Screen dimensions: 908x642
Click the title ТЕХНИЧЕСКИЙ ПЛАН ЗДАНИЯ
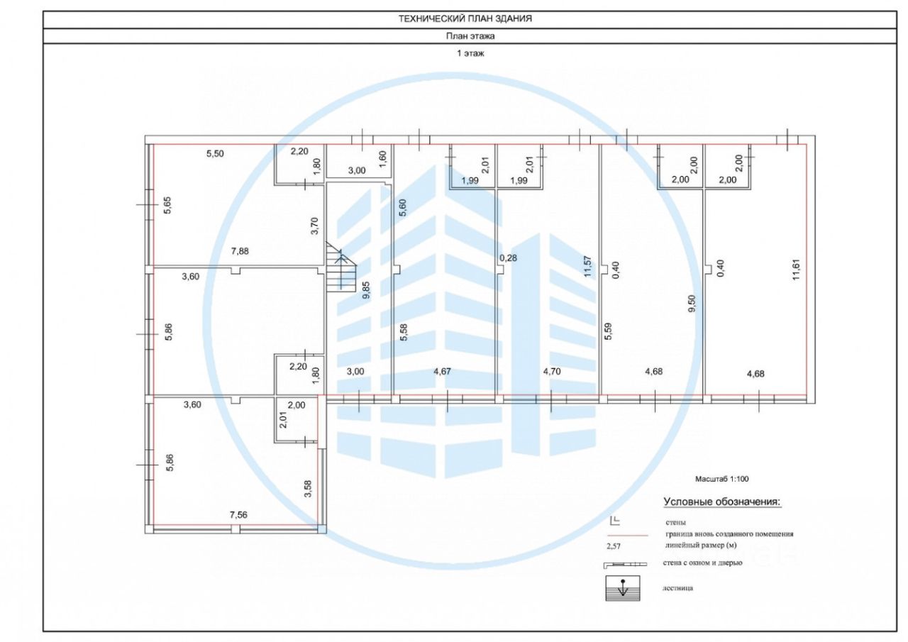coord(465,19)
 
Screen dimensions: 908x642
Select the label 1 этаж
coord(470,53)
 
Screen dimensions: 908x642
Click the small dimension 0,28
coord(508,258)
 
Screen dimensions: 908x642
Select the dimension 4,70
coord(553,370)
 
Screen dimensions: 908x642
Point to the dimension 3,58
coord(307,489)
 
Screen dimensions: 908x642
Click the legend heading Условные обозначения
coord(721,502)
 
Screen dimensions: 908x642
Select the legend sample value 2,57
coord(614,547)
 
